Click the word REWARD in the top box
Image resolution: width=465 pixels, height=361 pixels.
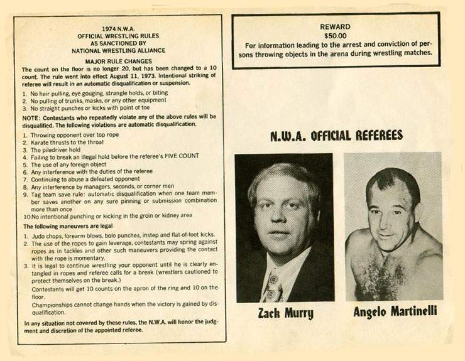336,27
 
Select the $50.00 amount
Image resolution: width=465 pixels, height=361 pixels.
336,36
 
